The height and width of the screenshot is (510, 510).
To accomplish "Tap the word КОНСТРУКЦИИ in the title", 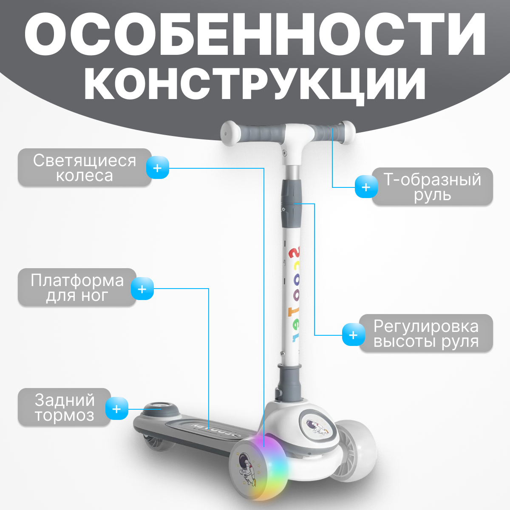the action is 255,84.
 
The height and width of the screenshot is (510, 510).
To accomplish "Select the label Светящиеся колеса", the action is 85,167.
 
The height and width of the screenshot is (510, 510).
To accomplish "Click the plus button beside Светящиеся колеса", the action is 158,167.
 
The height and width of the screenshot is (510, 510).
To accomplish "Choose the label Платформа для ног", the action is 77,288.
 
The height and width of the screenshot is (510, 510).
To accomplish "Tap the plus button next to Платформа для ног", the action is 142,289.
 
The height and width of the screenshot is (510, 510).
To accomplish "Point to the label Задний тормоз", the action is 64,407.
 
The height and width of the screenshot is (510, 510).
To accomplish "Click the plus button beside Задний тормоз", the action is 117,409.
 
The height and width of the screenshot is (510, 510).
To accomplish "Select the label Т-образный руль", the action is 432,187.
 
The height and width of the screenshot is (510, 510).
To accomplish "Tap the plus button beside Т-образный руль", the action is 366,187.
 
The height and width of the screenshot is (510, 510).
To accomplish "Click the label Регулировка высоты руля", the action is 426,333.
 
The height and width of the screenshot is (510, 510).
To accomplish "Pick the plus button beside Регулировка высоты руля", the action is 353,335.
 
